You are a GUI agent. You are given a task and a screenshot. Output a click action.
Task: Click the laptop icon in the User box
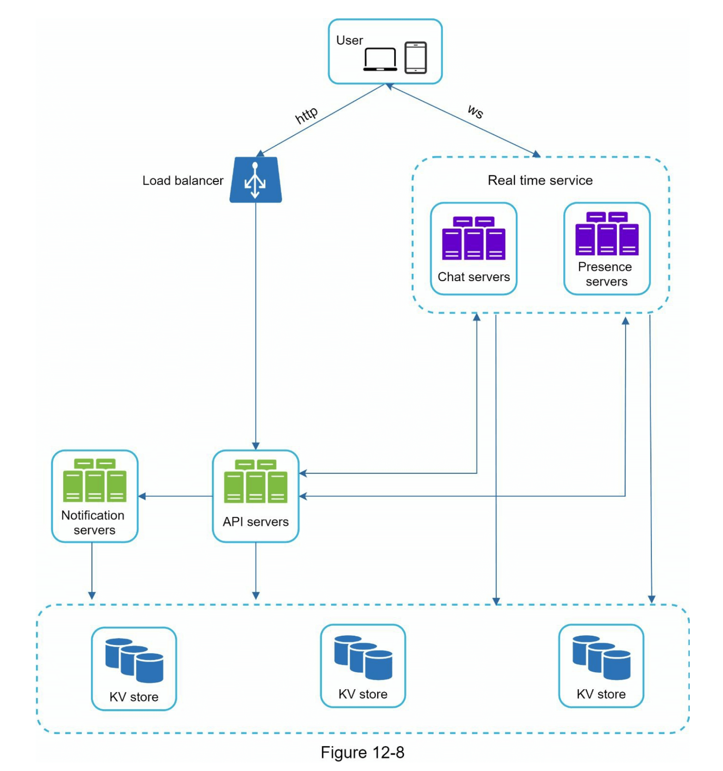(x=380, y=60)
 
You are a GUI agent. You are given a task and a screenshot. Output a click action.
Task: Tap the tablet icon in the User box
(x=416, y=58)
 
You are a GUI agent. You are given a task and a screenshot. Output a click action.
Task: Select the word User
(x=349, y=41)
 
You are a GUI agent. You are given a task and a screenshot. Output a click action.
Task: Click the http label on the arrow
(x=306, y=115)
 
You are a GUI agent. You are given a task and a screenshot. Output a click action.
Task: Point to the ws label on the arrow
(x=476, y=111)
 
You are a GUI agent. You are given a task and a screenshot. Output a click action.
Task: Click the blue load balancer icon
(x=255, y=180)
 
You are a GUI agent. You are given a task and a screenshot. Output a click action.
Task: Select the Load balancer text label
(x=183, y=181)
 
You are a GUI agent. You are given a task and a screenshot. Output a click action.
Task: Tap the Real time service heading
(x=540, y=180)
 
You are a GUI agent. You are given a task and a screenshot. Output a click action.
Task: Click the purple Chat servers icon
(x=474, y=238)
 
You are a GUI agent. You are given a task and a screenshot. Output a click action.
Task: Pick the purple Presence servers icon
(x=607, y=234)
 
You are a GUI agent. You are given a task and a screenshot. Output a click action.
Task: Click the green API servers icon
(x=256, y=481)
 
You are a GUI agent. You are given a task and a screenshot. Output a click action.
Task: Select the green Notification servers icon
(x=95, y=481)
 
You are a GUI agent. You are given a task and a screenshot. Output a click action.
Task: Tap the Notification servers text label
(x=94, y=523)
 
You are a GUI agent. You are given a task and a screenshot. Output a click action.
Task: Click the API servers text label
(x=256, y=522)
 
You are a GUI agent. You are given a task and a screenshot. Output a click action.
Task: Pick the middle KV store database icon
(x=363, y=657)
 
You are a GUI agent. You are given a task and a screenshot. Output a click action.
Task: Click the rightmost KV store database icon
(x=601, y=657)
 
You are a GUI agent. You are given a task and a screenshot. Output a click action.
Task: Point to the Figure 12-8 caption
(x=362, y=753)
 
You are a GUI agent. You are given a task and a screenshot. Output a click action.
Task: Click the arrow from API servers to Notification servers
(x=175, y=496)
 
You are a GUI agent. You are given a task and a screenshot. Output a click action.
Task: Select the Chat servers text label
(x=474, y=277)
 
